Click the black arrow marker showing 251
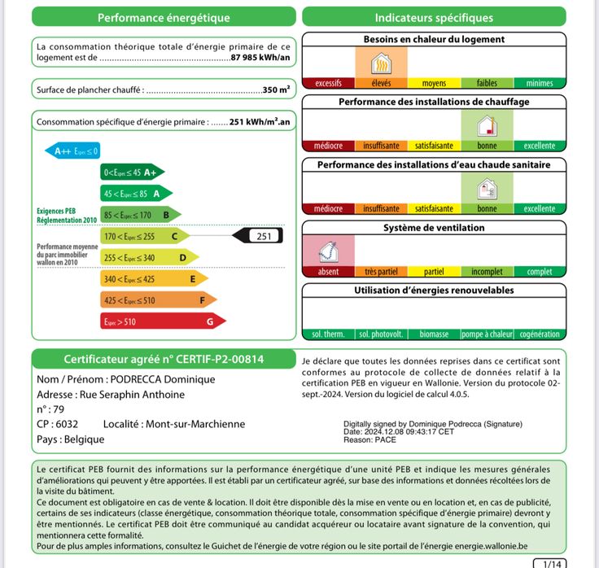coord(258,236)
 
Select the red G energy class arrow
coord(163,321)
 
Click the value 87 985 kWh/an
coord(260,58)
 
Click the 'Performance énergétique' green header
coord(164,17)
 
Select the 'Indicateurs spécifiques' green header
coord(434,17)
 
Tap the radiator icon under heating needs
coord(381,63)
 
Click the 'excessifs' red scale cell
coord(328,83)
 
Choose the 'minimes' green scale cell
coord(540,83)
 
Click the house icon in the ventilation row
coord(328,250)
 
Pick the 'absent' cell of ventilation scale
coord(328,272)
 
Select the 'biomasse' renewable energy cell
coord(434,334)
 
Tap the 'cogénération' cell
coord(540,334)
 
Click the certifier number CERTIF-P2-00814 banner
coord(164,359)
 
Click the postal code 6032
coord(68,424)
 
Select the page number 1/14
coord(550,563)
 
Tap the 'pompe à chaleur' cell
coord(487,334)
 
